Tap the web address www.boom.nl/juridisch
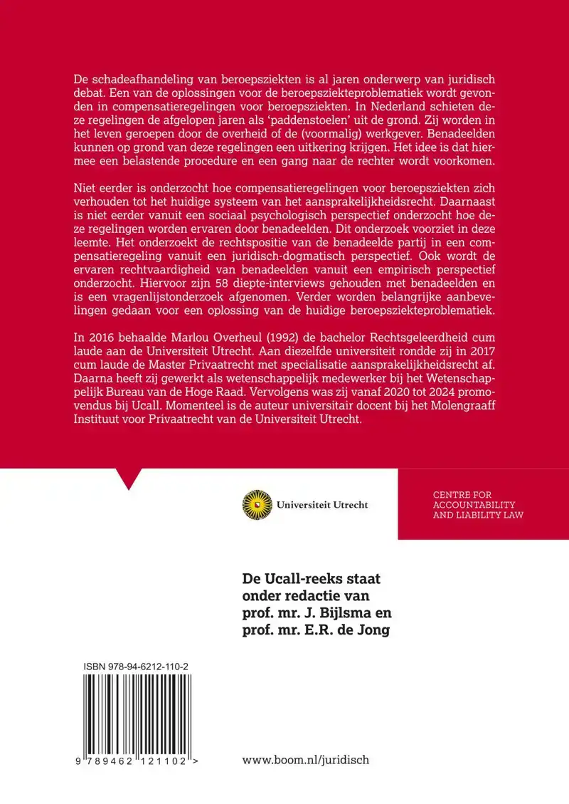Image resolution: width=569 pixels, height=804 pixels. pos(306,760)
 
